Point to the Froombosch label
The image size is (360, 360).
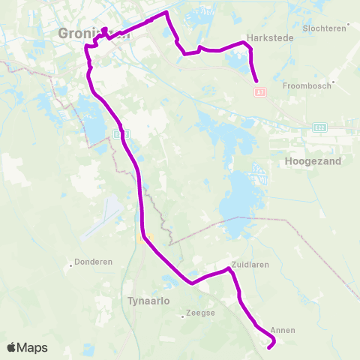click(307, 85)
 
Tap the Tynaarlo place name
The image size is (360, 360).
click(145, 300)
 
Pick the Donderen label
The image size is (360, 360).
click(94, 262)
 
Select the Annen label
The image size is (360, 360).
click(283, 330)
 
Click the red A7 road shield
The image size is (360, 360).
click(259, 92)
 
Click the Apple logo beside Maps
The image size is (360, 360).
click(11, 347)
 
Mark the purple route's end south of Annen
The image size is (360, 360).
click(268, 346)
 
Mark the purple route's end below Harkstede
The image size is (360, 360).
click(256, 81)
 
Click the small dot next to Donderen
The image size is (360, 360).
click(71, 263)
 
